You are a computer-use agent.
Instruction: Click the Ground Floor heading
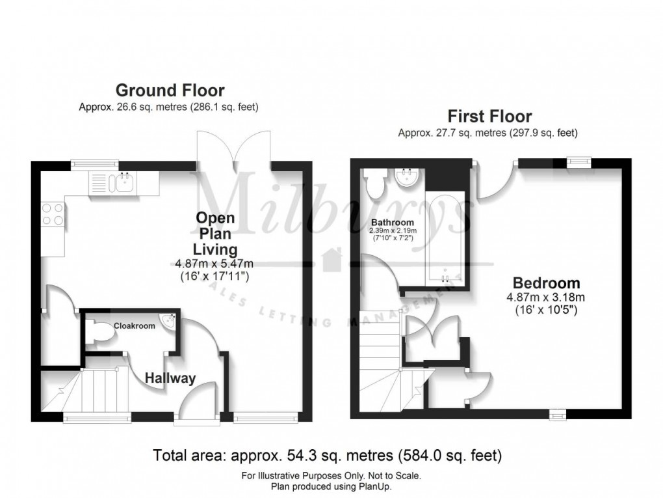point(170,90)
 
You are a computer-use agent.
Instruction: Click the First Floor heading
point(489,117)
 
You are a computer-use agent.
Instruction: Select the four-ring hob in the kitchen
point(53,214)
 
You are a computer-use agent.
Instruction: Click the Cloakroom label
point(135,325)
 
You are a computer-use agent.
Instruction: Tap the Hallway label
point(170,378)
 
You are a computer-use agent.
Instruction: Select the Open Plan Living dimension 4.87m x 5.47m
point(214,264)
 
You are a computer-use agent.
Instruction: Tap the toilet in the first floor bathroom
point(375,185)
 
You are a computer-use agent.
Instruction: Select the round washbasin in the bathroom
point(407,178)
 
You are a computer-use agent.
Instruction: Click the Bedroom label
point(546,283)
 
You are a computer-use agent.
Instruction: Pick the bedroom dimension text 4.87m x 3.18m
point(546,297)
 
